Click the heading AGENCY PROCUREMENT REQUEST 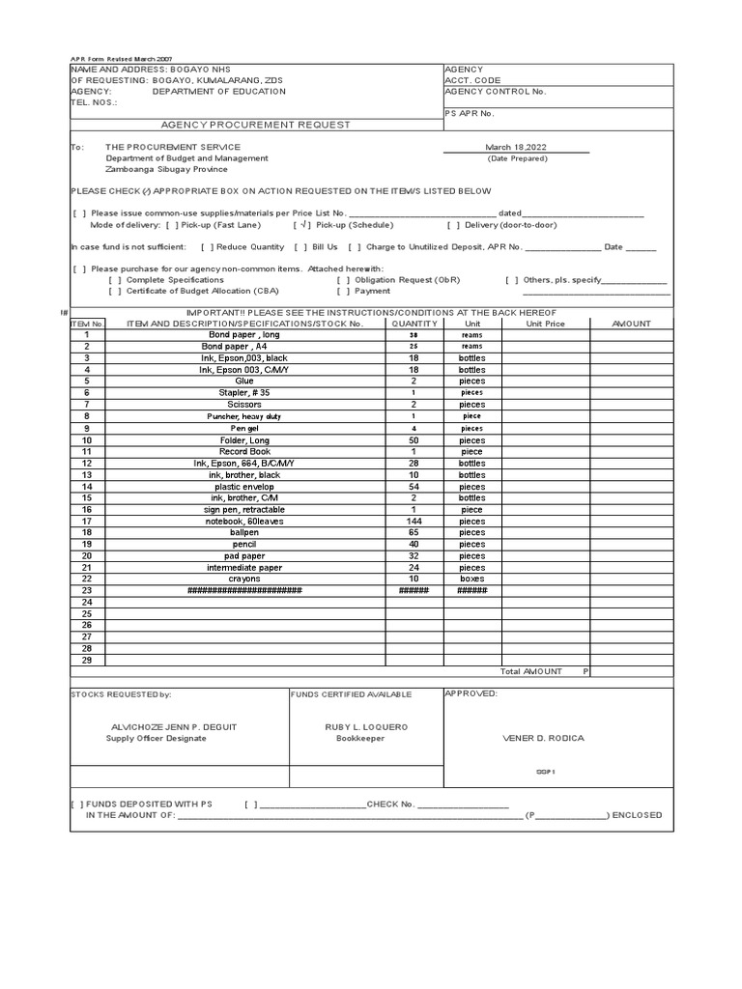click(255, 125)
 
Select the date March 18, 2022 click(516, 147)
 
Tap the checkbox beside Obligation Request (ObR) click(343, 279)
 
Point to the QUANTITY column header click(414, 324)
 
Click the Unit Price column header click(545, 324)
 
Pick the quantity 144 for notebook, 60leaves click(414, 520)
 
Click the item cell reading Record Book click(245, 451)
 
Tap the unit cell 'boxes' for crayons click(472, 579)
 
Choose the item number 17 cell click(87, 520)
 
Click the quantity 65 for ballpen click(414, 532)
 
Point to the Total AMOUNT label click(530, 671)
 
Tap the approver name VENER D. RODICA click(543, 738)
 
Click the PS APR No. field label click(470, 113)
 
